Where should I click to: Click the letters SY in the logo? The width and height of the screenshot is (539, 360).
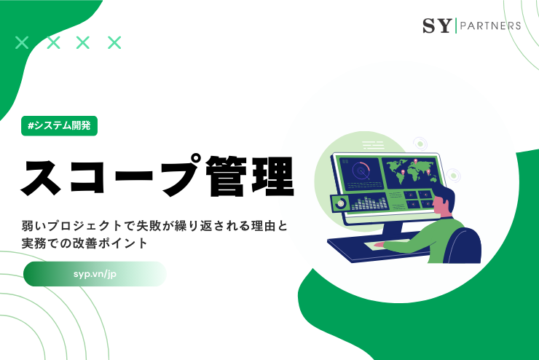pos(436,26)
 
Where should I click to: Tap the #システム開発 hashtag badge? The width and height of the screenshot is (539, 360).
pos(59,125)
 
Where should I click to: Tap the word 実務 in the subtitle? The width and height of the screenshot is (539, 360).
pos(39,243)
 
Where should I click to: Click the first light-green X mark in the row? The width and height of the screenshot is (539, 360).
pos(22,42)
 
